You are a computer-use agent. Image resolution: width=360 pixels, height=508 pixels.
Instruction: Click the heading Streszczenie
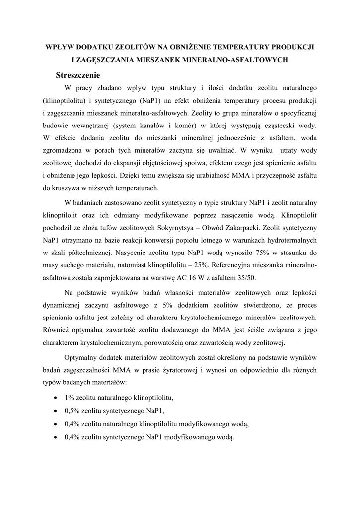(x=78, y=76)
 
